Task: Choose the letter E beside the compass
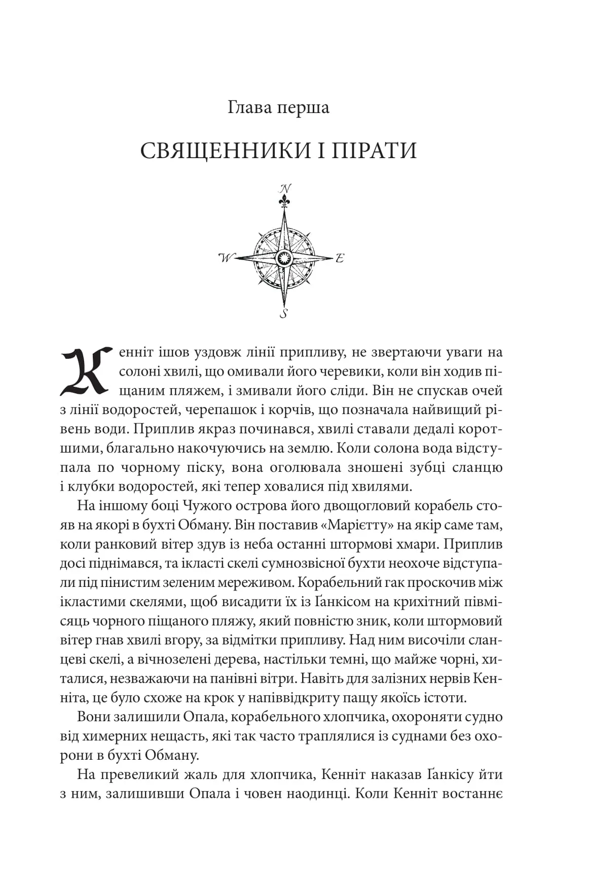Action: (x=340, y=257)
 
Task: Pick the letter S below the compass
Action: (x=284, y=313)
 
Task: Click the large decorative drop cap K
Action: (x=84, y=372)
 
